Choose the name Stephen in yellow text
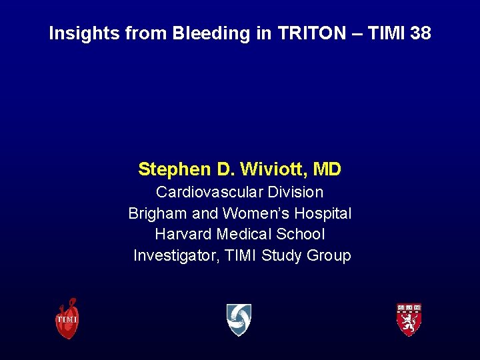175,169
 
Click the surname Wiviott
272,169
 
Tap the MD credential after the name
327,169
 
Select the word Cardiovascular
209,192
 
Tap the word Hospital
323,213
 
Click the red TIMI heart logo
67,318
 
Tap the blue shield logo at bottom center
239,319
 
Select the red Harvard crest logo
409,319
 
